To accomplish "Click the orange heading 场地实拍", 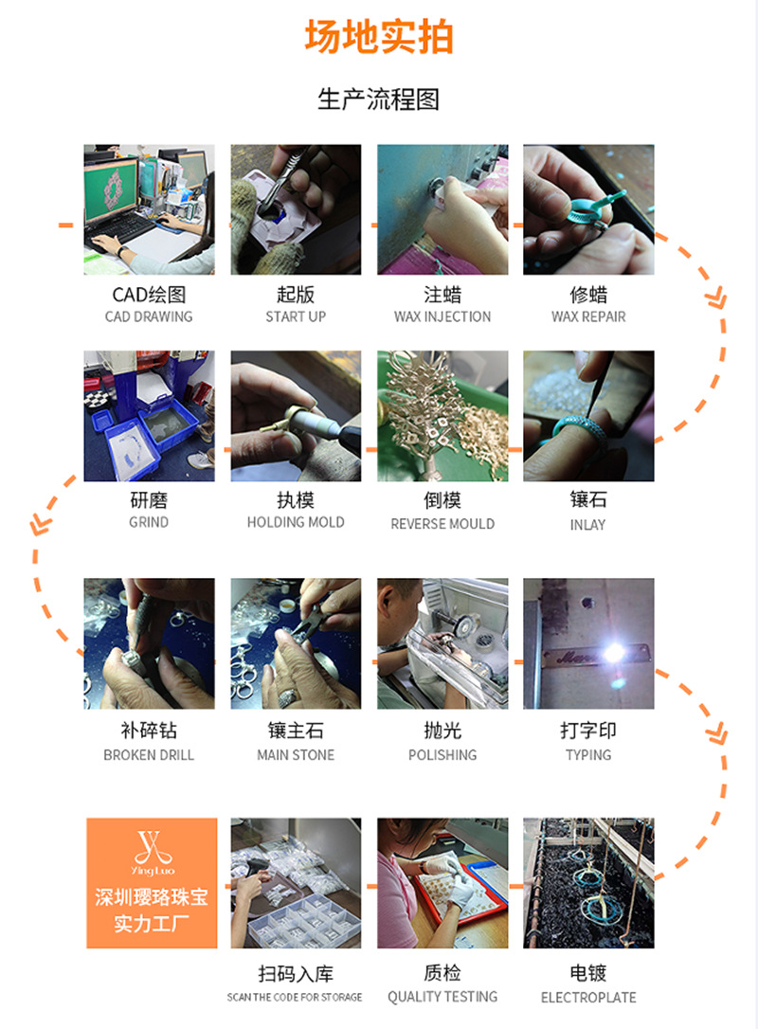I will pyautogui.click(x=379, y=37).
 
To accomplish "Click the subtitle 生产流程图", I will pyautogui.click(x=379, y=99).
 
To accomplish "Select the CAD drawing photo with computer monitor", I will pyautogui.click(x=149, y=209).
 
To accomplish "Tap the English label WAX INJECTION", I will pyautogui.click(x=442, y=316).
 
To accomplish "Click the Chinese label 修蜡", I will pyautogui.click(x=588, y=295).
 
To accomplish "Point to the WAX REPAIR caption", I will pyautogui.click(x=588, y=316).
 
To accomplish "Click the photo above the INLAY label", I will pyautogui.click(x=588, y=416).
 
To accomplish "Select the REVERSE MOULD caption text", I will pyautogui.click(x=442, y=524).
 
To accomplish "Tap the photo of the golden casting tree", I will pyautogui.click(x=442, y=416).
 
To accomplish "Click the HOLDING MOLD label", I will pyautogui.click(x=296, y=522).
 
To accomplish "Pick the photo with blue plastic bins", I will pyautogui.click(x=149, y=416).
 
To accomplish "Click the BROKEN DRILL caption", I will pyautogui.click(x=149, y=755).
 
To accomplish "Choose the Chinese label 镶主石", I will pyautogui.click(x=296, y=731).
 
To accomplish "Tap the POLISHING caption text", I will pyautogui.click(x=442, y=755).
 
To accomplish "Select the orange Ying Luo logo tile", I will pyautogui.click(x=152, y=883).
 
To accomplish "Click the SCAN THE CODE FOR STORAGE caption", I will pyautogui.click(x=295, y=997).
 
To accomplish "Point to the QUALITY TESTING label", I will pyautogui.click(x=442, y=997).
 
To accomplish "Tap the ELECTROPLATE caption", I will pyautogui.click(x=588, y=998).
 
